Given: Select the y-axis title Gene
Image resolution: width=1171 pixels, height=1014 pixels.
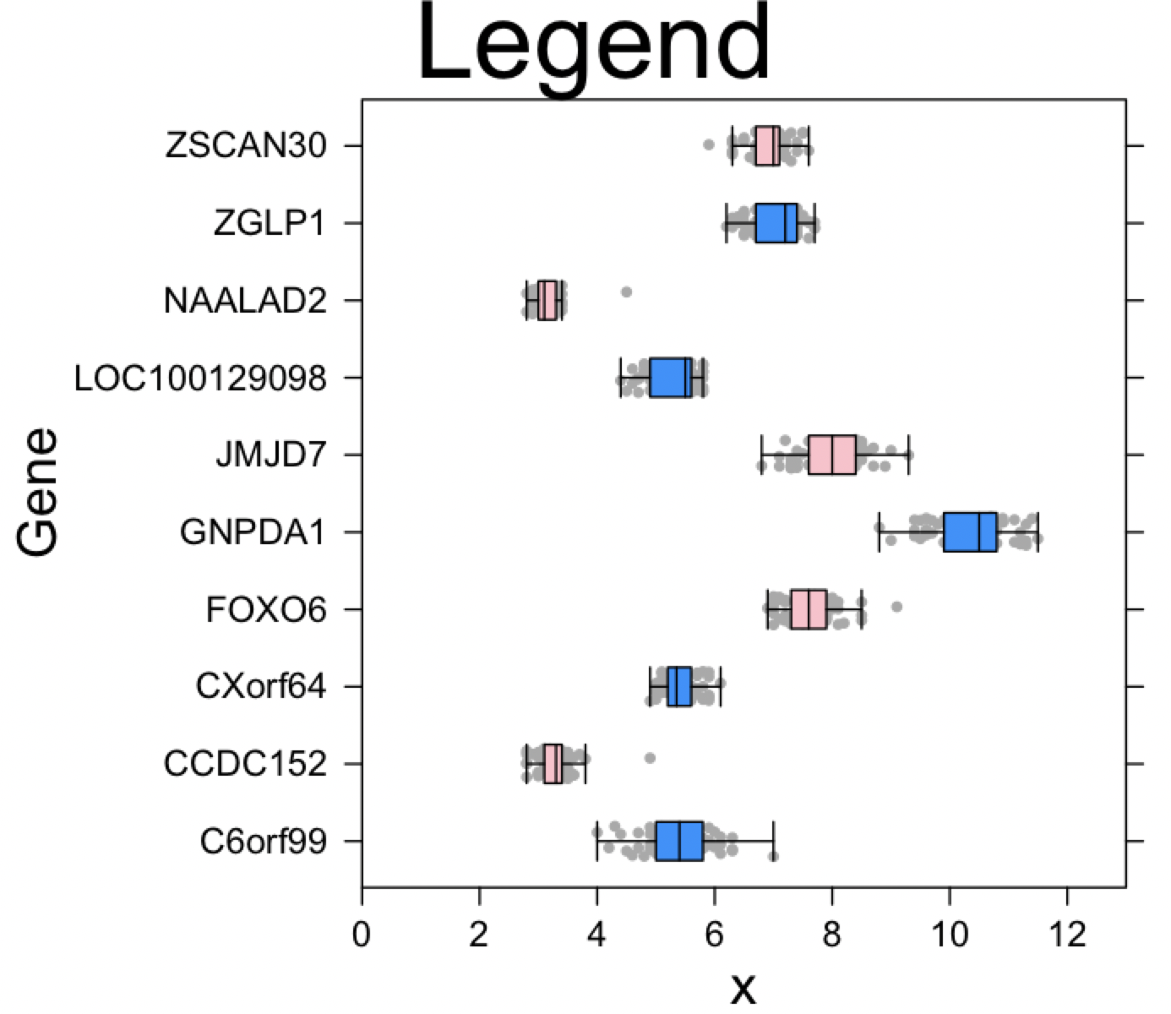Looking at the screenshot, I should (38, 492).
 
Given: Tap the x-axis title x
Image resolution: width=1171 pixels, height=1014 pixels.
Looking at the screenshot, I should (743, 986).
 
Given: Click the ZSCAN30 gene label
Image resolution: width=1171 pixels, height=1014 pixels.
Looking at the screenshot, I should (246, 146).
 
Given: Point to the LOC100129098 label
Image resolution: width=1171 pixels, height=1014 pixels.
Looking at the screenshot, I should (200, 378).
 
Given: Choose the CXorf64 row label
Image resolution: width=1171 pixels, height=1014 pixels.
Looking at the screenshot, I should (260, 686).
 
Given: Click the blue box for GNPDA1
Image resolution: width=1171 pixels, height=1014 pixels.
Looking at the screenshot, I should (970, 532).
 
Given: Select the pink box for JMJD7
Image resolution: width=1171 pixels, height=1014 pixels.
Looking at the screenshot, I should (832, 455).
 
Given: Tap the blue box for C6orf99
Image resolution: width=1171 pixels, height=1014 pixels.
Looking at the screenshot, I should (679, 841).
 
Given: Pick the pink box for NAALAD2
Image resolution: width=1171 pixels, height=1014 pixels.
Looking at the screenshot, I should (547, 300).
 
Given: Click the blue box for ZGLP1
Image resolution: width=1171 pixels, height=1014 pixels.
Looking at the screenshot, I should (776, 223).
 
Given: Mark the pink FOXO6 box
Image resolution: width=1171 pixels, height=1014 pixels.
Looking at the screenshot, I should (809, 609).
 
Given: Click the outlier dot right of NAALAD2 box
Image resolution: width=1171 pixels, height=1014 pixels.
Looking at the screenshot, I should (626, 292).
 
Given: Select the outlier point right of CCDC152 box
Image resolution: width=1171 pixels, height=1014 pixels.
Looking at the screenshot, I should (650, 757).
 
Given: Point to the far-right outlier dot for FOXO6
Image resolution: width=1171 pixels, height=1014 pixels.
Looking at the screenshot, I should (897, 606).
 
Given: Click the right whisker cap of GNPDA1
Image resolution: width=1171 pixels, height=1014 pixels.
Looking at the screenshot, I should (1038, 532).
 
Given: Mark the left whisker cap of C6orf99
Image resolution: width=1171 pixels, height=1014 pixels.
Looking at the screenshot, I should (597, 841).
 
